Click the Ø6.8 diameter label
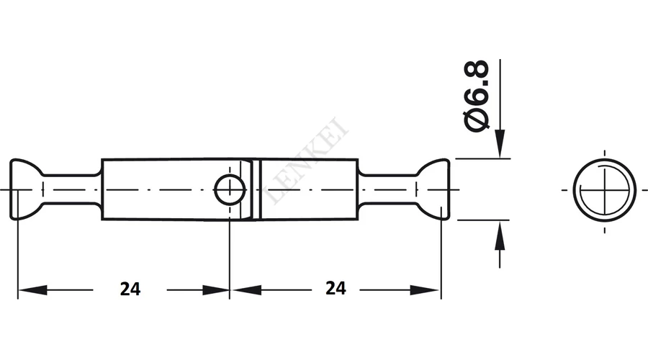click(477, 96)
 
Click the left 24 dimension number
click(130, 289)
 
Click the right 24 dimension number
click(336, 288)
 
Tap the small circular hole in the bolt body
click(230, 189)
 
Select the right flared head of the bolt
click(433, 189)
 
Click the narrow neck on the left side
click(71, 189)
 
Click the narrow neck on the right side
click(387, 189)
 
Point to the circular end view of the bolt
click(604, 189)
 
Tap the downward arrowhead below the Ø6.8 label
click(500, 143)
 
